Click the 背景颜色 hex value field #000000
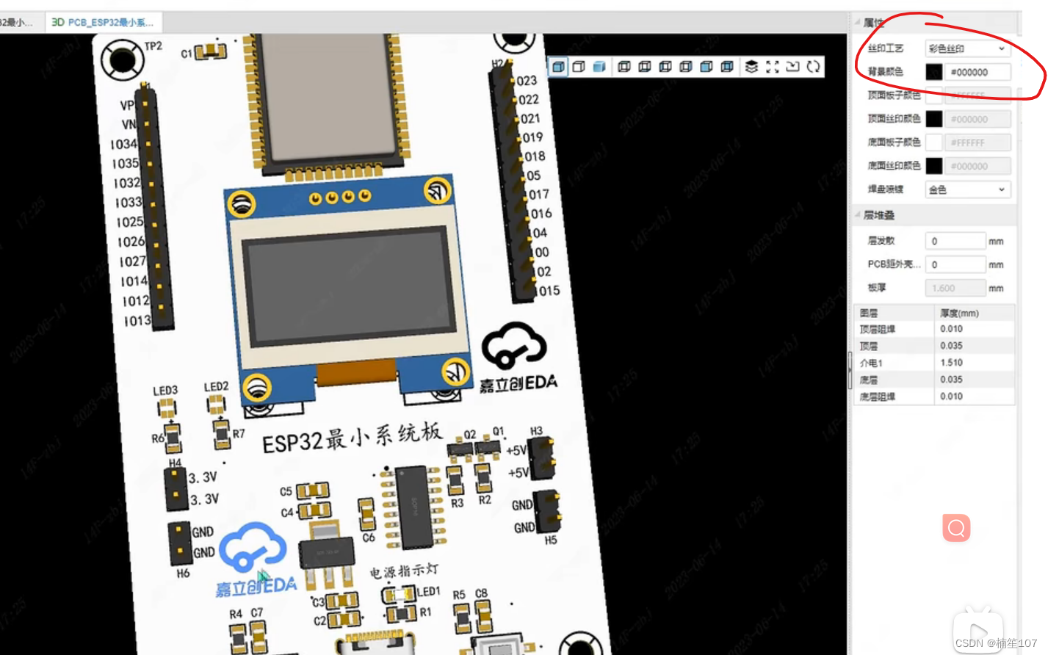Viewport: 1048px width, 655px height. [x=977, y=72]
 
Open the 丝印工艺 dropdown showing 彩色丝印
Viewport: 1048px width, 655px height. [x=966, y=48]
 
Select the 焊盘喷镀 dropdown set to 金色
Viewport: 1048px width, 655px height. [x=966, y=189]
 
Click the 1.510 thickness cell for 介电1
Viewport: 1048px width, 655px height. [x=952, y=363]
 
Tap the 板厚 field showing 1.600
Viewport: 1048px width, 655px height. [x=954, y=288]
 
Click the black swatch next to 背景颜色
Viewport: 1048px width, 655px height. [x=933, y=72]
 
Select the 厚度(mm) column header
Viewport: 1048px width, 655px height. [x=959, y=313]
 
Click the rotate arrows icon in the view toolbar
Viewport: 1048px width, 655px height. [x=813, y=67]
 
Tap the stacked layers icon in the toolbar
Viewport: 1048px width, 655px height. [x=751, y=67]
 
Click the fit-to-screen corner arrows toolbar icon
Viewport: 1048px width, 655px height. [x=772, y=67]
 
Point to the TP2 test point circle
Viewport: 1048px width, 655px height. [x=122, y=60]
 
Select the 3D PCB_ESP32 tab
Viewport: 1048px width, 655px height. [x=103, y=22]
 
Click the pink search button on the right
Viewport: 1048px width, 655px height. [x=956, y=527]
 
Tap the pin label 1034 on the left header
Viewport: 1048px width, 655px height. [x=123, y=144]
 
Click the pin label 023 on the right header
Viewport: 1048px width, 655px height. [x=527, y=81]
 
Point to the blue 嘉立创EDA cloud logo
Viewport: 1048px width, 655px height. [x=253, y=548]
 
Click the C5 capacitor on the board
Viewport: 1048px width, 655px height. [x=312, y=491]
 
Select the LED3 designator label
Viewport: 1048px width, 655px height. [x=165, y=390]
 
